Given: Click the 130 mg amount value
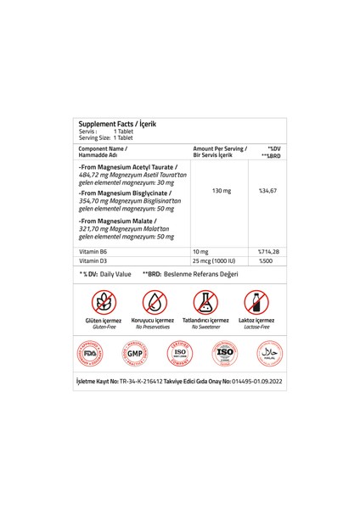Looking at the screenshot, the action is (218, 191).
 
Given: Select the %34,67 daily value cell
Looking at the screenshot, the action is (268, 191).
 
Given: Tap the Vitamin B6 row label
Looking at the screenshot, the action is (93, 252).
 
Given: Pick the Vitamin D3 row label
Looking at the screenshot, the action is (93, 262).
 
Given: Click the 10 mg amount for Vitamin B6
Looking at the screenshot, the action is (200, 252).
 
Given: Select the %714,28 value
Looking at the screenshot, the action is (269, 252).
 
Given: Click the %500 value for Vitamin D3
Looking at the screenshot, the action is (265, 262).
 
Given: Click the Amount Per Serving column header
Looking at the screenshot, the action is (220, 148).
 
